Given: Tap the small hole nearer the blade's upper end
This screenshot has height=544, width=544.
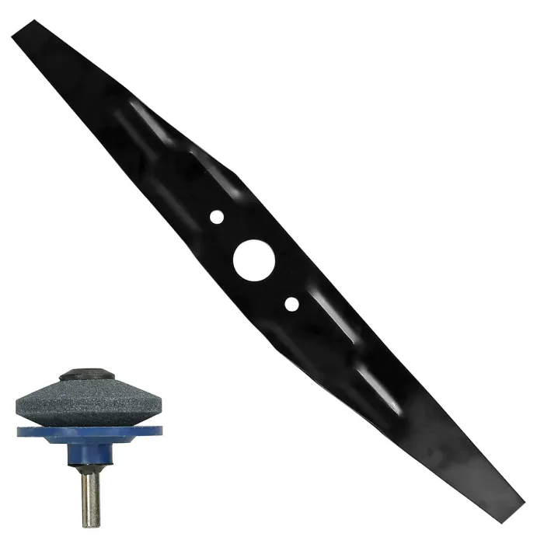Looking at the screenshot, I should (x=217, y=217).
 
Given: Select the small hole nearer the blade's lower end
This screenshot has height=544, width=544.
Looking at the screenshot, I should (x=291, y=304).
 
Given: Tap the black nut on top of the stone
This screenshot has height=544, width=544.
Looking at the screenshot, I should (x=87, y=375).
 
